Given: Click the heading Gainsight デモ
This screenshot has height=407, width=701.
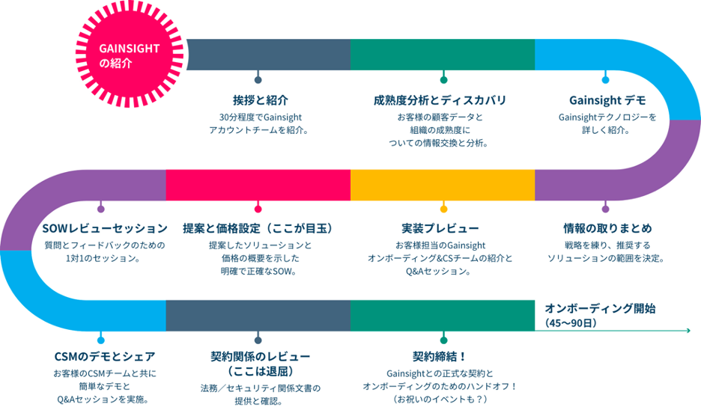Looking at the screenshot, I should tap(607, 100).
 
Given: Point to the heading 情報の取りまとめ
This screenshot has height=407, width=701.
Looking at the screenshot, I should tap(607, 227).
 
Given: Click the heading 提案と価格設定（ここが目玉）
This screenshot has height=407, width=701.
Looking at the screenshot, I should tap(258, 227).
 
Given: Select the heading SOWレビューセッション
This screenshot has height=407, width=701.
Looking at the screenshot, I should tap(105, 227).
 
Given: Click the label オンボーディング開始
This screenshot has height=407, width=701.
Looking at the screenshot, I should tap(600, 308).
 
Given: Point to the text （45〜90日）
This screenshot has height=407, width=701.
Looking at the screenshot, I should tap(572, 323).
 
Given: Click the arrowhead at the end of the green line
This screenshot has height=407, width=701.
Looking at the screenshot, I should tap(686, 330).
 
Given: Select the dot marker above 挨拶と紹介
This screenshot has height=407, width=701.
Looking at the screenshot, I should tap(258, 80).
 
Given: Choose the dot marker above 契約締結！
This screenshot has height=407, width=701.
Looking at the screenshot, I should tap(443, 337).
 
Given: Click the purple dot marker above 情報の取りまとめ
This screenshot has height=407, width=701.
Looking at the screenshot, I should tap(606, 209).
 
